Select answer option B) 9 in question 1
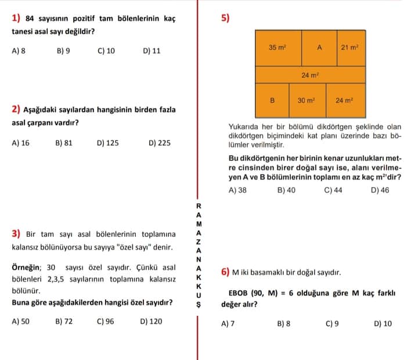pos(63,51)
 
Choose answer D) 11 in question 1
pos(152,51)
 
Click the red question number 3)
pos(16,235)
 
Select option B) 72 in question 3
pos(64,321)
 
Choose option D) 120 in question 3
pos(151,321)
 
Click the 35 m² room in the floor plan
pos(278,48)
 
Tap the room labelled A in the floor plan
pos(319,48)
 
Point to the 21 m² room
pos(350,48)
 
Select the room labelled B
pos(272,100)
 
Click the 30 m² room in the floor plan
pos(306,100)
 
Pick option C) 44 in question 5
pos(333,190)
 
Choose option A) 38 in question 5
pos(237,190)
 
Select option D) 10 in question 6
pos(383,324)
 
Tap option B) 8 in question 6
pos(284,324)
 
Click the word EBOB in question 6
pos(238,293)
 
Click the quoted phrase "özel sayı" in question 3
pos(134,247)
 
